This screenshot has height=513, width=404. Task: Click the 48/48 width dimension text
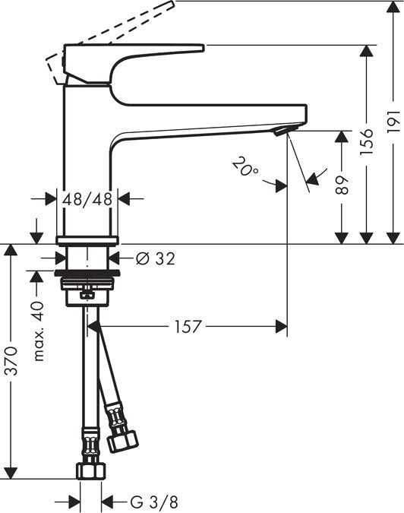87,199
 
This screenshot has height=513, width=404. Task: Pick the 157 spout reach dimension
187,327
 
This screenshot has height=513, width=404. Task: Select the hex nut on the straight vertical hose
89,470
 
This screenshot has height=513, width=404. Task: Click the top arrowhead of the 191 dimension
391,7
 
